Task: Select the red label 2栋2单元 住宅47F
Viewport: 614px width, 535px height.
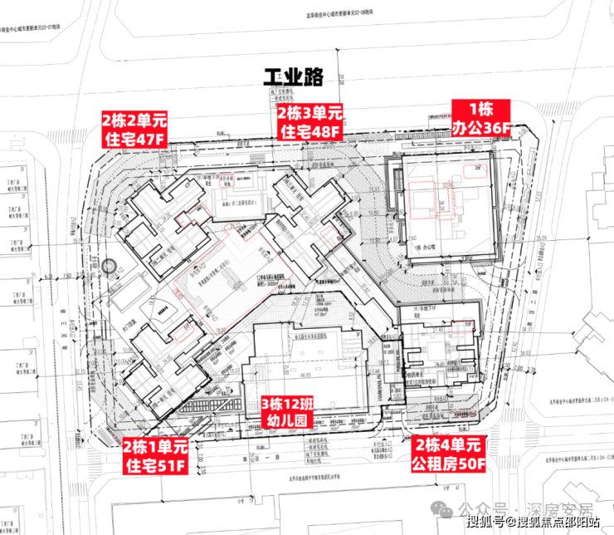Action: tap(134, 128)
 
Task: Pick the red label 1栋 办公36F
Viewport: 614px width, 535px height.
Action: tap(481, 118)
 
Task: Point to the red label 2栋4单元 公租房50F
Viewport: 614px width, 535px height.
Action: tap(448, 454)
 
